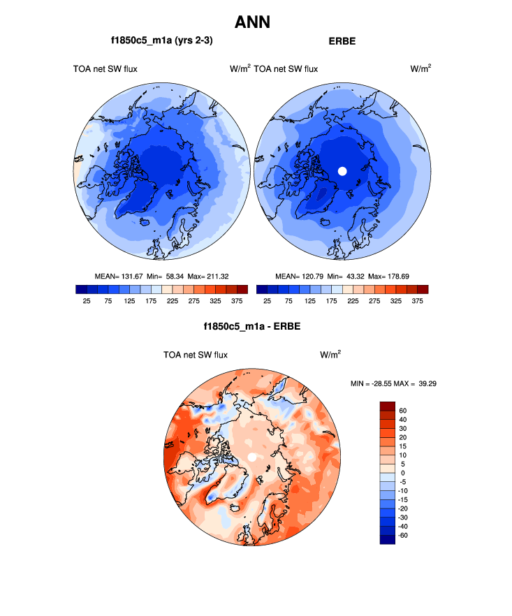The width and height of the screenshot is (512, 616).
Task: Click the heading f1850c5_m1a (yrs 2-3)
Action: click(x=161, y=41)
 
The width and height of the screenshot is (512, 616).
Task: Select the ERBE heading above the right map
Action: click(x=342, y=41)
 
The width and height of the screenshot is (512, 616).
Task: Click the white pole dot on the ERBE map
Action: click(x=342, y=170)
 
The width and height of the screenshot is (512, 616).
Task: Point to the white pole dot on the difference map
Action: click(x=251, y=457)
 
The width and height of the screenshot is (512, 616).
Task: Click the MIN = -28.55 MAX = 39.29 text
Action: click(x=397, y=383)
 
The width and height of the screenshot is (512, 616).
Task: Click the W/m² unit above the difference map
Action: click(x=330, y=355)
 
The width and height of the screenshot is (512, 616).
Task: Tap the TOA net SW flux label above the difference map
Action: click(x=196, y=355)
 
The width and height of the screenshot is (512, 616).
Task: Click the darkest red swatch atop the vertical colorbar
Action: click(x=388, y=406)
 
